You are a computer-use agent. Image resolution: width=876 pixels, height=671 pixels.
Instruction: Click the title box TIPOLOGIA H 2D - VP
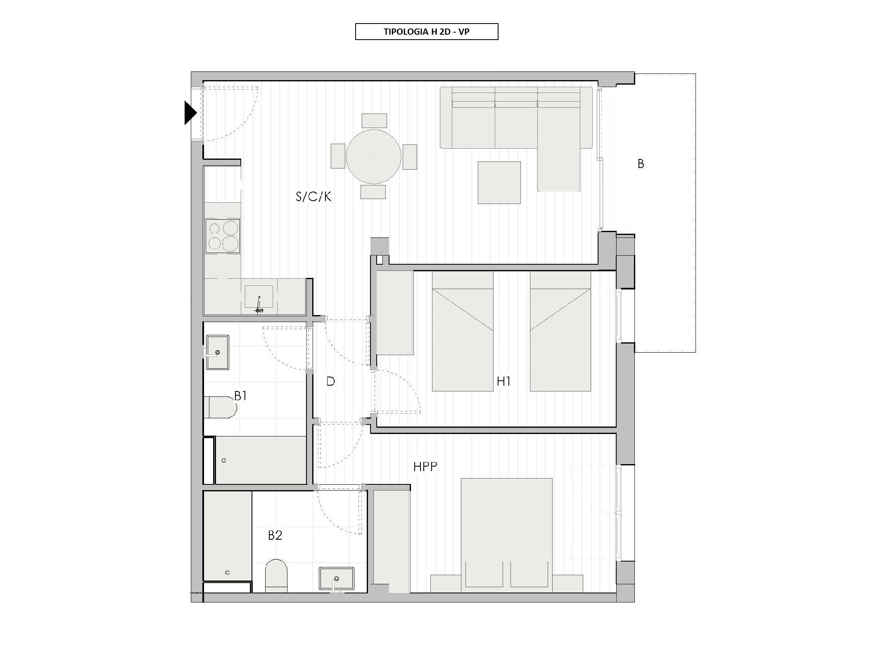tap(427, 32)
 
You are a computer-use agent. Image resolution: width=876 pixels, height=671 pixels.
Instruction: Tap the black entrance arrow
tap(190, 113)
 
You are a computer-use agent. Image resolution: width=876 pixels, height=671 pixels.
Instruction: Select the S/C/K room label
tap(313, 197)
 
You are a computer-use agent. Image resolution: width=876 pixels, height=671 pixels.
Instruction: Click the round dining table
tap(373, 156)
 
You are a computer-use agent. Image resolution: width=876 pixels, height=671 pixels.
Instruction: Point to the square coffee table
tap(499, 183)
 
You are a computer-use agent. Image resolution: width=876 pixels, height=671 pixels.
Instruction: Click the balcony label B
tap(641, 164)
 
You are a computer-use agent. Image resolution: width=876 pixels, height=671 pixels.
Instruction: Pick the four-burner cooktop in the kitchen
tap(223, 236)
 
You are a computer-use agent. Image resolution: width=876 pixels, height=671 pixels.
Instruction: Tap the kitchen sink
tap(259, 297)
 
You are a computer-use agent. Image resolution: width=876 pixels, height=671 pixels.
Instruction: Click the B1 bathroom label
tap(240, 396)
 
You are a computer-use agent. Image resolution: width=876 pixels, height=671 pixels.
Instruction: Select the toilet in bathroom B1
tap(220, 408)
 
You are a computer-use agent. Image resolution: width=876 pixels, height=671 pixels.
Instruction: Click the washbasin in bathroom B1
tap(217, 352)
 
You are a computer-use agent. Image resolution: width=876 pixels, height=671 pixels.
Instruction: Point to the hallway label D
tap(330, 382)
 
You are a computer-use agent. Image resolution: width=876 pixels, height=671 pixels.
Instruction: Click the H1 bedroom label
tap(503, 382)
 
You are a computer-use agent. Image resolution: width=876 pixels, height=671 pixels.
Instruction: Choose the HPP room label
tap(425, 467)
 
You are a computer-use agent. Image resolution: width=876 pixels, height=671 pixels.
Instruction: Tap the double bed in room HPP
tap(507, 533)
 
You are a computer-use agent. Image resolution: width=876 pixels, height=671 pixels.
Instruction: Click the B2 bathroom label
tap(275, 535)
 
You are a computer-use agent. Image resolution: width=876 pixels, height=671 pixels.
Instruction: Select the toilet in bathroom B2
tap(275, 576)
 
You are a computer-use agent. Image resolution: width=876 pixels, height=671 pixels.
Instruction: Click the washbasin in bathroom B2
tap(337, 579)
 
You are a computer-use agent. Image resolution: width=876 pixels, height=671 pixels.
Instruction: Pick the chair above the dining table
tap(374, 121)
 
